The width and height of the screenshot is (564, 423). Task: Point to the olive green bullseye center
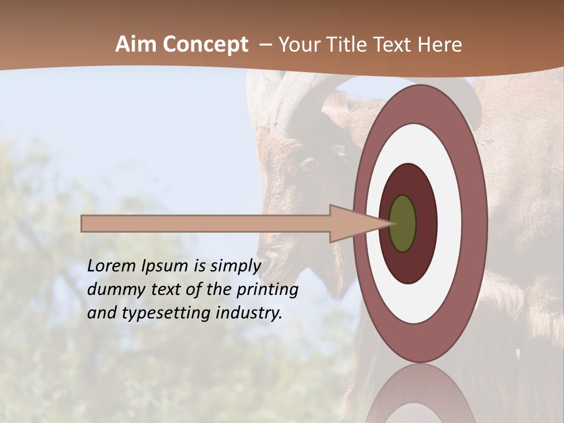(x=402, y=223)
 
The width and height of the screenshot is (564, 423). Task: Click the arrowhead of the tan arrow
(x=358, y=223)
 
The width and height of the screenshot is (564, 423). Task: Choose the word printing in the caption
(x=267, y=290)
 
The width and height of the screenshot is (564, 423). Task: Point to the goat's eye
(x=307, y=165)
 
